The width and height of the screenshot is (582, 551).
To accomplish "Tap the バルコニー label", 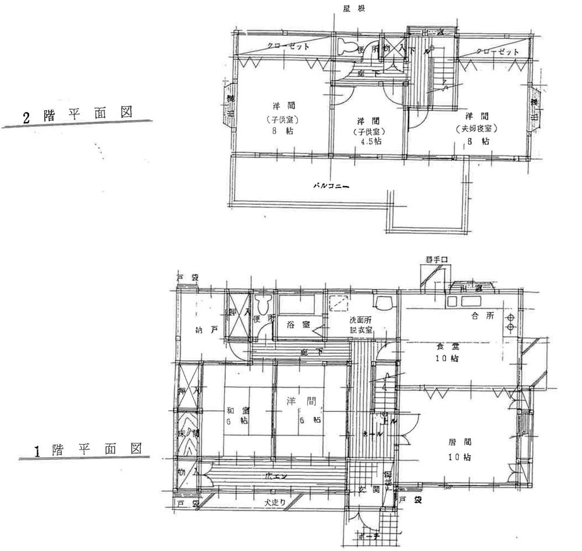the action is click(x=330, y=186).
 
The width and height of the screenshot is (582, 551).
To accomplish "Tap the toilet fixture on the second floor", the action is click(x=347, y=47).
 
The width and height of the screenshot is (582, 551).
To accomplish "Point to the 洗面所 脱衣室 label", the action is click(x=361, y=325).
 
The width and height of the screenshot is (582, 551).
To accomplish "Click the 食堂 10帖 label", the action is click(x=446, y=352).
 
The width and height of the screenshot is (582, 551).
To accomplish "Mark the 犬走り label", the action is click(x=272, y=502).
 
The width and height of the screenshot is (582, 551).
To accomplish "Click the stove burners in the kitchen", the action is click(x=509, y=322).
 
